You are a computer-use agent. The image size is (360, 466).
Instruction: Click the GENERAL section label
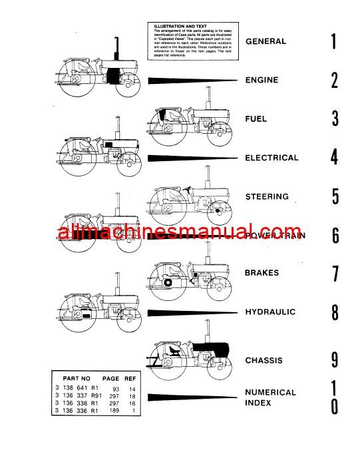tap(266, 41)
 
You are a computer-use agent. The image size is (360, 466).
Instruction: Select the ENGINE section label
tap(262, 81)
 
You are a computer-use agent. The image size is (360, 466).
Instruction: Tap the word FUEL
tap(256, 119)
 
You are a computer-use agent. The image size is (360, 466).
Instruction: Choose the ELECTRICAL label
tap(271, 158)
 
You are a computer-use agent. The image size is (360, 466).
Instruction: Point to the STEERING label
tap(266, 197)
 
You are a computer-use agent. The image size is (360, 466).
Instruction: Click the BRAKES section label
tap(262, 273)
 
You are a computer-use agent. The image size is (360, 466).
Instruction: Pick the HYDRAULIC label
tap(270, 312)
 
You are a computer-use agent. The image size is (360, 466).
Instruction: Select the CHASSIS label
tap(264, 361)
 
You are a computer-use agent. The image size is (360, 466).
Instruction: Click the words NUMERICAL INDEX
tap(270, 397)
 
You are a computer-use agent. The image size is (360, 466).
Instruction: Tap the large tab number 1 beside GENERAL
tap(334, 42)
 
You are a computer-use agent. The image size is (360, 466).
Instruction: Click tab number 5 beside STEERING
tap(335, 197)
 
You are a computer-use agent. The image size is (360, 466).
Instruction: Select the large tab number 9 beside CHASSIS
tap(335, 360)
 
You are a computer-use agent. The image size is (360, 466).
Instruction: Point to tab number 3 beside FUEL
tap(335, 119)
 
